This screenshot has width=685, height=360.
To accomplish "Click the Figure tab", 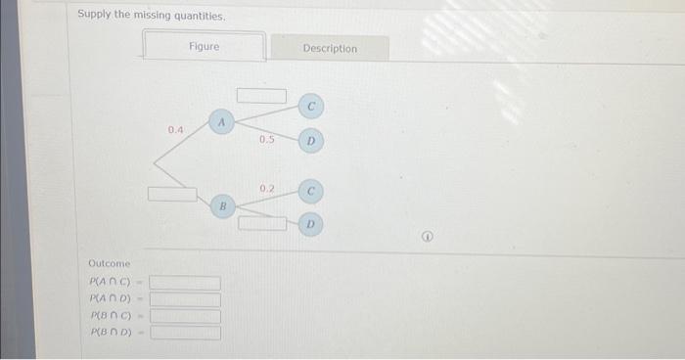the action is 205,46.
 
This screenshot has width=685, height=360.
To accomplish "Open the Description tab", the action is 330,48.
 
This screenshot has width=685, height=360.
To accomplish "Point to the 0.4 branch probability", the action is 175,129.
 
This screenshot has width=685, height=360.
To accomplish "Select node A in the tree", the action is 222,122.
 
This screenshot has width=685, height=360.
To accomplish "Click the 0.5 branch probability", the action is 266,140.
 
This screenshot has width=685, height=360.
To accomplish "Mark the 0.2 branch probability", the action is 267,187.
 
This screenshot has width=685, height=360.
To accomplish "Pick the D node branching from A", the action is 309,143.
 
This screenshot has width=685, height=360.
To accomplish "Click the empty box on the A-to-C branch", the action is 260,96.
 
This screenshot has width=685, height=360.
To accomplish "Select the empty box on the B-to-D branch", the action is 260,223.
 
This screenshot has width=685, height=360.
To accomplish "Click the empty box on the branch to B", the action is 173,193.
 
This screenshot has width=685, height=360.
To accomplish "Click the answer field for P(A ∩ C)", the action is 185,283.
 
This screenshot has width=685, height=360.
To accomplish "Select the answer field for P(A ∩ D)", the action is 185,299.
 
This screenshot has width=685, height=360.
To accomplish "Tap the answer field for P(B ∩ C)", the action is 185,316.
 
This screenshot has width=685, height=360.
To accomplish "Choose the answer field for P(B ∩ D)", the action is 185,333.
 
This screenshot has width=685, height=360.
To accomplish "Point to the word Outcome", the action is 109,264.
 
